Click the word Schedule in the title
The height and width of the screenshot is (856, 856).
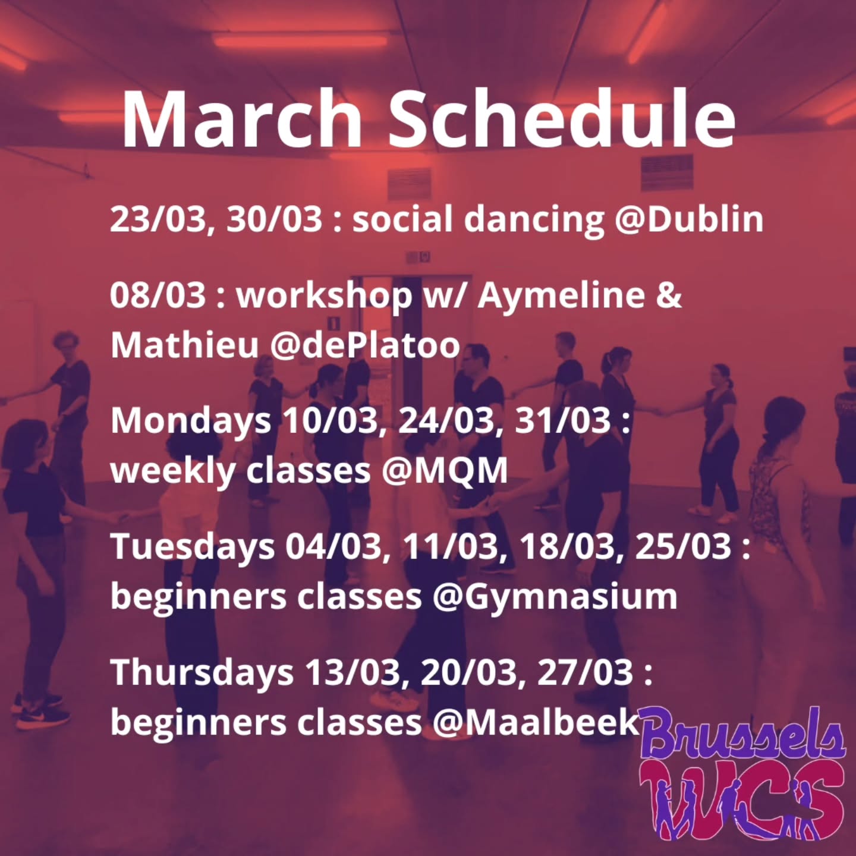pyautogui.click(x=562, y=118)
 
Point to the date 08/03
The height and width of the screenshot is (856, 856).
pyautogui.click(x=158, y=295)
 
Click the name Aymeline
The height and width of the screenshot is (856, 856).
pyautogui.click(x=561, y=296)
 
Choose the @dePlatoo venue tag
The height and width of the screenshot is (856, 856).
pyautogui.click(x=364, y=345)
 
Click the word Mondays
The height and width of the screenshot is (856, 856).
pyautogui.click(x=191, y=421)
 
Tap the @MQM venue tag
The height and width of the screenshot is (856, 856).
pyautogui.click(x=445, y=471)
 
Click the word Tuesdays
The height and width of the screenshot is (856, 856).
pyautogui.click(x=193, y=547)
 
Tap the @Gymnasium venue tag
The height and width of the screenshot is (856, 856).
pyautogui.click(x=555, y=597)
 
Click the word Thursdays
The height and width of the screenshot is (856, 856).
pyautogui.click(x=202, y=672)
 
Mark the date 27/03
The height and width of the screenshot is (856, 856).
pyautogui.click(x=585, y=672)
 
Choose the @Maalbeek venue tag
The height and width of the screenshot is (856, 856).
pyautogui.click(x=535, y=722)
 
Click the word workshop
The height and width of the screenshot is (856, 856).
pyautogui.click(x=325, y=296)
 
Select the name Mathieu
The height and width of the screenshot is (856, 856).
pyautogui.click(x=184, y=345)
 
